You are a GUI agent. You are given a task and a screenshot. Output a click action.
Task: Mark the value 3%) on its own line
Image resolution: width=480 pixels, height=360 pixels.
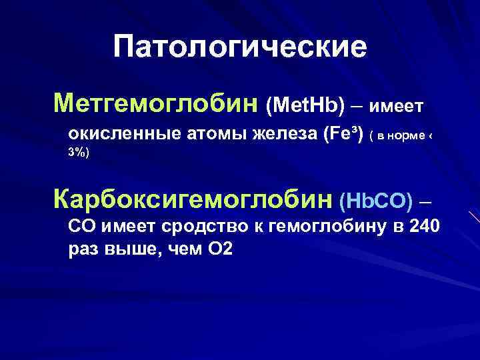click(x=78, y=153)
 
